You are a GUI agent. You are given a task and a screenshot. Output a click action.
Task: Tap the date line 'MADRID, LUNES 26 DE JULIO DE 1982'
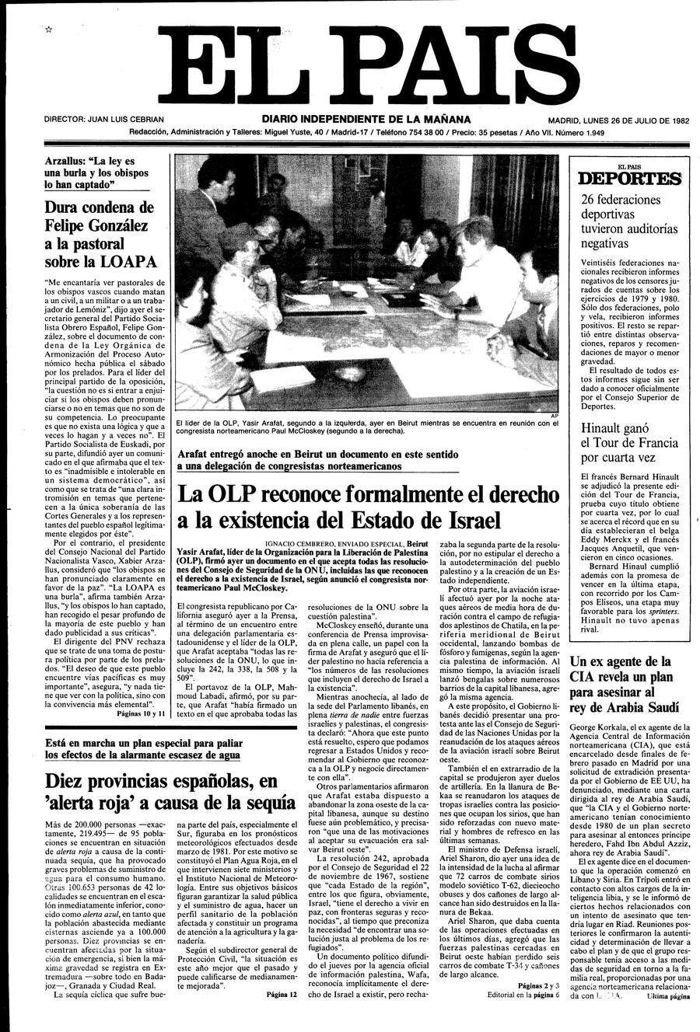[618, 120]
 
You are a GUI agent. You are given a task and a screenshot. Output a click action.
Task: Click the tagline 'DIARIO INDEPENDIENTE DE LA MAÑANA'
[366, 120]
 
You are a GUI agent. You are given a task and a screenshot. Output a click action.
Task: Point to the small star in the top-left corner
[48, 29]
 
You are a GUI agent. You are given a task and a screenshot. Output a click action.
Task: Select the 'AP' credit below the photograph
[554, 415]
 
